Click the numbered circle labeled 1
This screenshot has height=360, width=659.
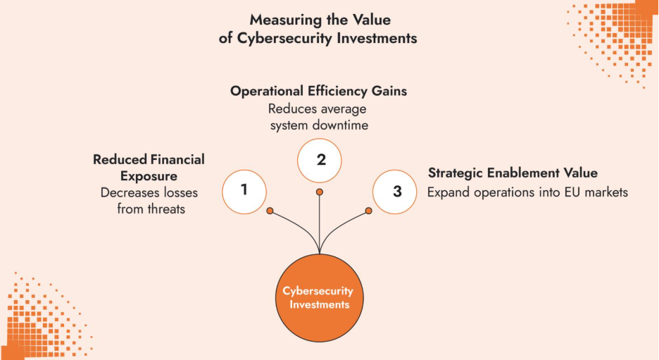coord(244,190)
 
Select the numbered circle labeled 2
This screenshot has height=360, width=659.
coord(320,160)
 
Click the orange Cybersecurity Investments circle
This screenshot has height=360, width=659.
coord(320,297)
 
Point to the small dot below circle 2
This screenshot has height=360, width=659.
coord(320,192)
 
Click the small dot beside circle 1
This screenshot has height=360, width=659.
coord(270,210)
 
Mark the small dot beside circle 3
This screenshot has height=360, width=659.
coord(368,210)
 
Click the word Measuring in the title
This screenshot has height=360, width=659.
coord(277,19)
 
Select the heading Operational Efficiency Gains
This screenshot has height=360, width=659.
coord(319,92)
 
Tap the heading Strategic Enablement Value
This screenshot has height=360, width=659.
coord(513,173)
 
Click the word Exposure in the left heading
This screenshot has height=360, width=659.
coord(148,175)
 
